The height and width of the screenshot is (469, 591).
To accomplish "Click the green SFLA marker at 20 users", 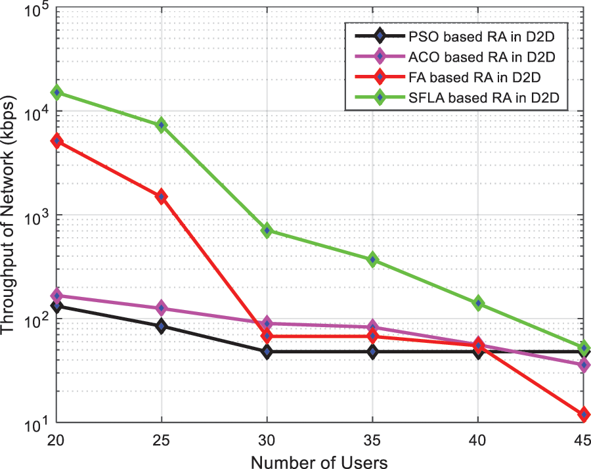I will click(56, 93).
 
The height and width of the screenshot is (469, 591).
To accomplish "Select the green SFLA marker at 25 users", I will click(162, 125).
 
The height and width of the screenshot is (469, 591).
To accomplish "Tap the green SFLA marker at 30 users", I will click(267, 231).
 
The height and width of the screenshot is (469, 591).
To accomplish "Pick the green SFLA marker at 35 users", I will click(372, 259).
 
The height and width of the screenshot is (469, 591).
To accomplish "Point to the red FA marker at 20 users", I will click(56, 141).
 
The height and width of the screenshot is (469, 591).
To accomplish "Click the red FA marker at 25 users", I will click(162, 196).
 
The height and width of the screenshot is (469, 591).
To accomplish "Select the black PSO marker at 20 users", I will click(56, 306).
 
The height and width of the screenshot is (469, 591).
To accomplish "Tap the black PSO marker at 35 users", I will click(372, 352).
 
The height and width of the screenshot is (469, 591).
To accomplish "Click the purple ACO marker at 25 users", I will click(162, 308).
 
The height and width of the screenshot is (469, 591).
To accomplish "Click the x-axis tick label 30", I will click(267, 439).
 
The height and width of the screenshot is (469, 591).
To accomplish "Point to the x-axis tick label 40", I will click(477, 439).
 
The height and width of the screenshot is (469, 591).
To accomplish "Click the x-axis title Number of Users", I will click(319, 460).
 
